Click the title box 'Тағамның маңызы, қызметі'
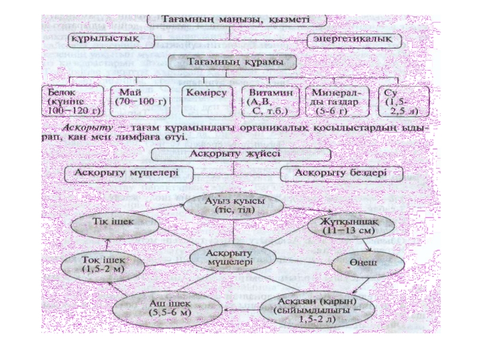pyautogui.click(x=236, y=19)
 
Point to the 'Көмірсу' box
pyautogui.click(x=206, y=96)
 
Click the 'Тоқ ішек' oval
pyautogui.click(x=104, y=265)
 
